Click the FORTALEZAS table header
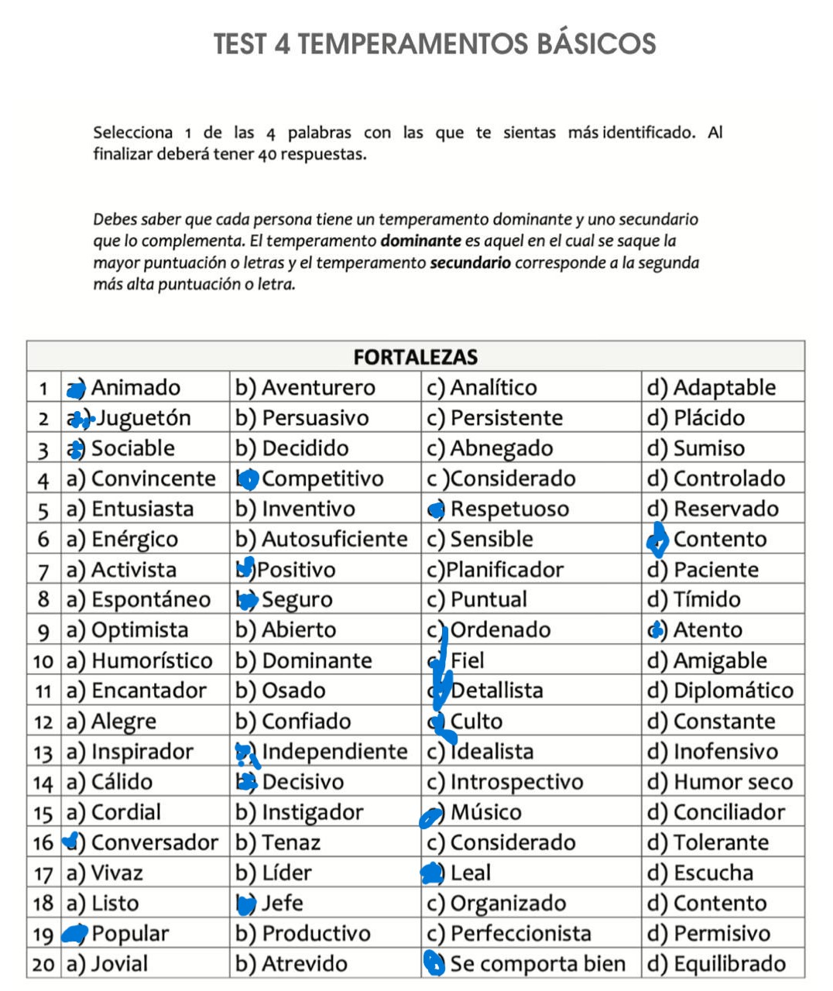415,357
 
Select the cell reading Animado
135,388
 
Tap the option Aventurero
318,388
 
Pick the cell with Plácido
708,418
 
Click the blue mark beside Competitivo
248,480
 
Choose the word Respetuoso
509,509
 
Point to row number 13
43,753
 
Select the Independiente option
334,752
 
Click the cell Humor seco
732,782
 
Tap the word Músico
486,812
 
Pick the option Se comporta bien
537,964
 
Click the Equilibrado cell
729,964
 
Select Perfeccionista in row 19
520,934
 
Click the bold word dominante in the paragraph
420,241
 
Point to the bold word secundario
470,262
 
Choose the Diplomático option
733,691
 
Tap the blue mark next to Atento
656,630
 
